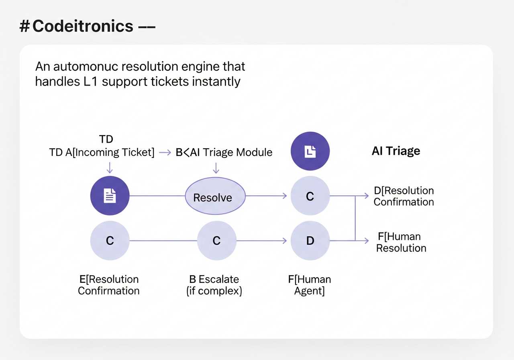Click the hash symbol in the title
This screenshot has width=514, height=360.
point(24,26)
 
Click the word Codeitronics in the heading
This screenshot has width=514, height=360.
point(83,26)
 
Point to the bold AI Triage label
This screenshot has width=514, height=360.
point(396,151)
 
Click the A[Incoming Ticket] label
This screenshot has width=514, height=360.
point(110,152)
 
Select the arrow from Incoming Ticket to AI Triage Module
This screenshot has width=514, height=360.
point(165,152)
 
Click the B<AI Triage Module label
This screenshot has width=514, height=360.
point(224,152)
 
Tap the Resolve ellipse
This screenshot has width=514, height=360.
point(215,196)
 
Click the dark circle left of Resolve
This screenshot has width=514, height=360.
point(110,196)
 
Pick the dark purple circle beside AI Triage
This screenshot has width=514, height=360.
point(310,151)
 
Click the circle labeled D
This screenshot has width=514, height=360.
point(310,241)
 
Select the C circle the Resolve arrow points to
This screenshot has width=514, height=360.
point(310,196)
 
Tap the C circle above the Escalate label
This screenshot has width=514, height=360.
point(216,241)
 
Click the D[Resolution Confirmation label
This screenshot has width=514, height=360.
point(404,196)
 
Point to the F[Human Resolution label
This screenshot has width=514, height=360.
point(401,242)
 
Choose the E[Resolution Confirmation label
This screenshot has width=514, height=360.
point(108,285)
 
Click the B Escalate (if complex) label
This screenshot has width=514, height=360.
point(214,285)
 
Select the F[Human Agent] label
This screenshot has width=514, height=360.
point(309,285)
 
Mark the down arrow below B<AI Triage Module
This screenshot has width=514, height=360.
point(216,168)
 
